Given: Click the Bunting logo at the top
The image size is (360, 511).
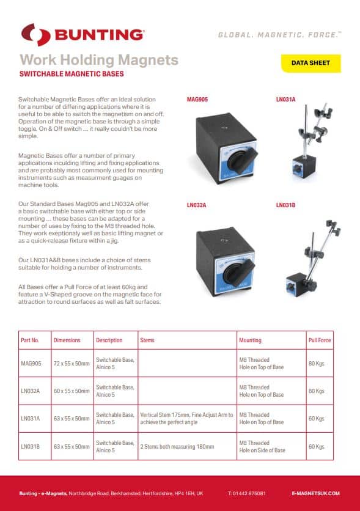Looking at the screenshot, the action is (83, 34).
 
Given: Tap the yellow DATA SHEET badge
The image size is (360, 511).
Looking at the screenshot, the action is (310, 63).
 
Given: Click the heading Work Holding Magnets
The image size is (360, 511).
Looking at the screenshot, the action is (99, 60).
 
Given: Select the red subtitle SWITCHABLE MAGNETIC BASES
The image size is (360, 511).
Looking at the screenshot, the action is (72, 74).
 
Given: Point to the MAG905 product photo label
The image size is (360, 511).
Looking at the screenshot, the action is (197, 98).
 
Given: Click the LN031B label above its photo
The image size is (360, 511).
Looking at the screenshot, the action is (285, 205).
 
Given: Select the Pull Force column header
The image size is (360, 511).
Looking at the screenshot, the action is (320, 340).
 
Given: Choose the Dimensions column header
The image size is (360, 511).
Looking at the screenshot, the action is (67, 340).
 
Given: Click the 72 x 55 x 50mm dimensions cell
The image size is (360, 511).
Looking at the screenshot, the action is (71, 364).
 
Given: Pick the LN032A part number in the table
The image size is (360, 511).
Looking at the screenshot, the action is (31, 391).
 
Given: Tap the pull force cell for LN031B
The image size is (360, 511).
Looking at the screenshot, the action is (316, 447).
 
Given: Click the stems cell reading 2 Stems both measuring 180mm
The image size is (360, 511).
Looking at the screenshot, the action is (177, 447).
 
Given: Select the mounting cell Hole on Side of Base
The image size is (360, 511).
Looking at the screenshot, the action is (262, 450).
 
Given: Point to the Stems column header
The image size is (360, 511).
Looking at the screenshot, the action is (147, 340).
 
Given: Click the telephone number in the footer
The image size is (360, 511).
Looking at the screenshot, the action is (246, 493).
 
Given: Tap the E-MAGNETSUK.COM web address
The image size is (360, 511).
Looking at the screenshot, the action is (315, 493).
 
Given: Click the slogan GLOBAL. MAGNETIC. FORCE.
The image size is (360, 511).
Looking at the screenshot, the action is (279, 35).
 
